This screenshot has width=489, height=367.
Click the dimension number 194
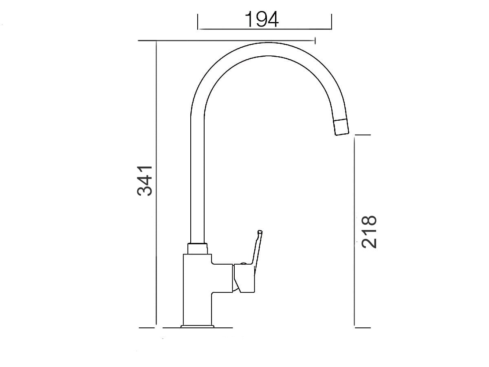[x=262, y=20]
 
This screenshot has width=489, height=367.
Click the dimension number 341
[x=145, y=181]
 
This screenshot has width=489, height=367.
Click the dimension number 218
[x=369, y=232]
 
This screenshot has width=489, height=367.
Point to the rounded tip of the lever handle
[x=260, y=232]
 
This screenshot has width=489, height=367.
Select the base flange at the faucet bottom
[x=197, y=327]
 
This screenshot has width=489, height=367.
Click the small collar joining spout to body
[x=197, y=249]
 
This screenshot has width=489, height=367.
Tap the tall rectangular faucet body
[x=197, y=290]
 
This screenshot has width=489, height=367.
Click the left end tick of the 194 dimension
[x=198, y=22]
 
